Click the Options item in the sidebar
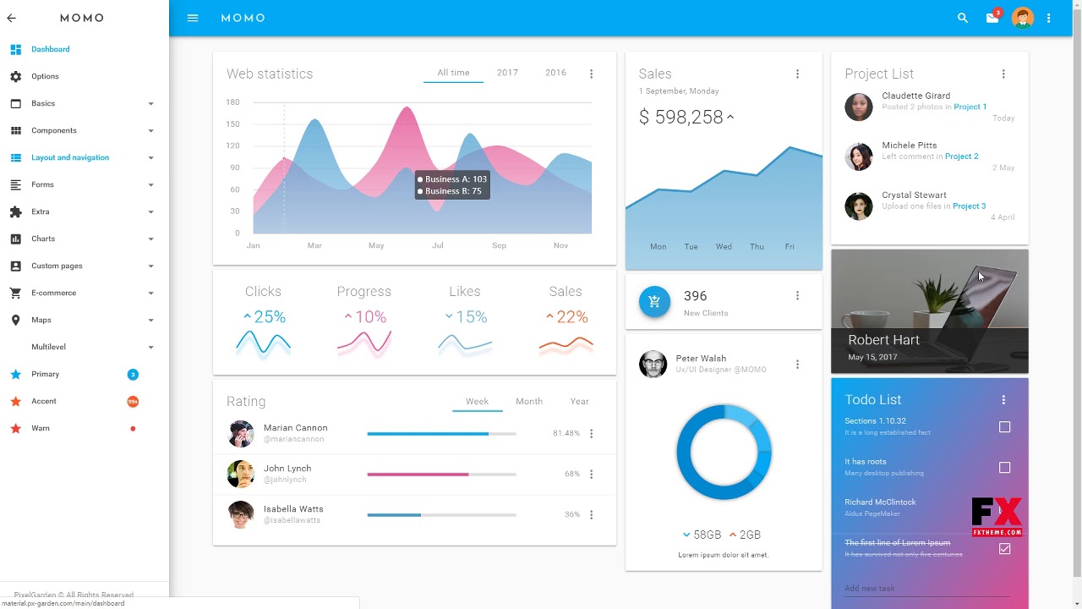45,76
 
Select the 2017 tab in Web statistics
507,73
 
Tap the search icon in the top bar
962,18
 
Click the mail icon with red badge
992,18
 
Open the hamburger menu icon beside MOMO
193,18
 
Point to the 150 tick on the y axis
232,124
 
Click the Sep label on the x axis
499,245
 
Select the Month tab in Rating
529,401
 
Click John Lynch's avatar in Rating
241,474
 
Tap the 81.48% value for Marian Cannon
566,433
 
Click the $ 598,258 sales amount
681,118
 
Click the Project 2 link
961,156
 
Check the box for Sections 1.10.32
1004,427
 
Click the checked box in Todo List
1004,549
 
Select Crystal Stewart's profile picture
858,206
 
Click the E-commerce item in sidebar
53,293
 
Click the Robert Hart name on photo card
883,340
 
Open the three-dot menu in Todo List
1003,400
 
